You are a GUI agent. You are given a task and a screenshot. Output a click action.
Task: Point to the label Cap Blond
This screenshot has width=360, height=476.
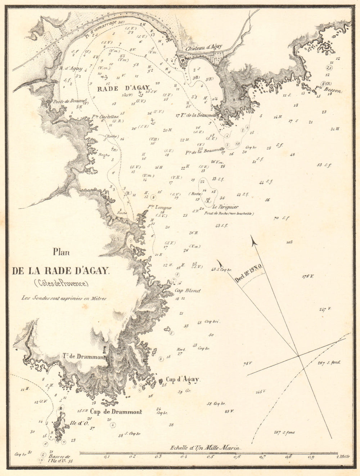point(188,290)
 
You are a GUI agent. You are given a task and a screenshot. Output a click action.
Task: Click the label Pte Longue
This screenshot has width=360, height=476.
point(159,208)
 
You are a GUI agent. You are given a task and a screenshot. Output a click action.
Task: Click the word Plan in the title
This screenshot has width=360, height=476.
point(61,252)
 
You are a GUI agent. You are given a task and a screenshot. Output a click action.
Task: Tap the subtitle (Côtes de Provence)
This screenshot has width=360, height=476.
point(61,283)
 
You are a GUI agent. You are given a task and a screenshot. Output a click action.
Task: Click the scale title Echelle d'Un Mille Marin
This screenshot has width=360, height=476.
point(205,448)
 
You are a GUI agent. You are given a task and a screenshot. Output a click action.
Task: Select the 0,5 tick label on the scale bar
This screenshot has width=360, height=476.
point(210,457)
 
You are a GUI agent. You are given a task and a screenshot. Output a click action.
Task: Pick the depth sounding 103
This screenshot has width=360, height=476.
point(289,243)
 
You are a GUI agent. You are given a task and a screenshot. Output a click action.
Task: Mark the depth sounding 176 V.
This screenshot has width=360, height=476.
point(308,276)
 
